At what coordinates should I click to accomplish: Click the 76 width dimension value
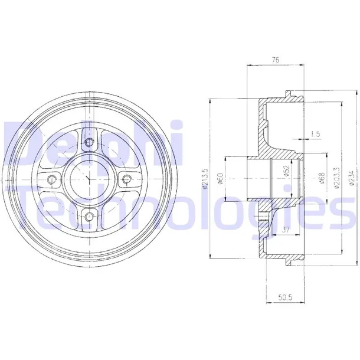(x=275, y=59)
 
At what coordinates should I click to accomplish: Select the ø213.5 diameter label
(x=204, y=179)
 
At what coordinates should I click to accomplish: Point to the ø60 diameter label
(x=220, y=178)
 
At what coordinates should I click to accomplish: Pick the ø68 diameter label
(x=321, y=178)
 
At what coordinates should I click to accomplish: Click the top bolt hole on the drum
(x=89, y=142)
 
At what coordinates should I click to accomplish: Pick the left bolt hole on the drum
(x=51, y=180)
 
